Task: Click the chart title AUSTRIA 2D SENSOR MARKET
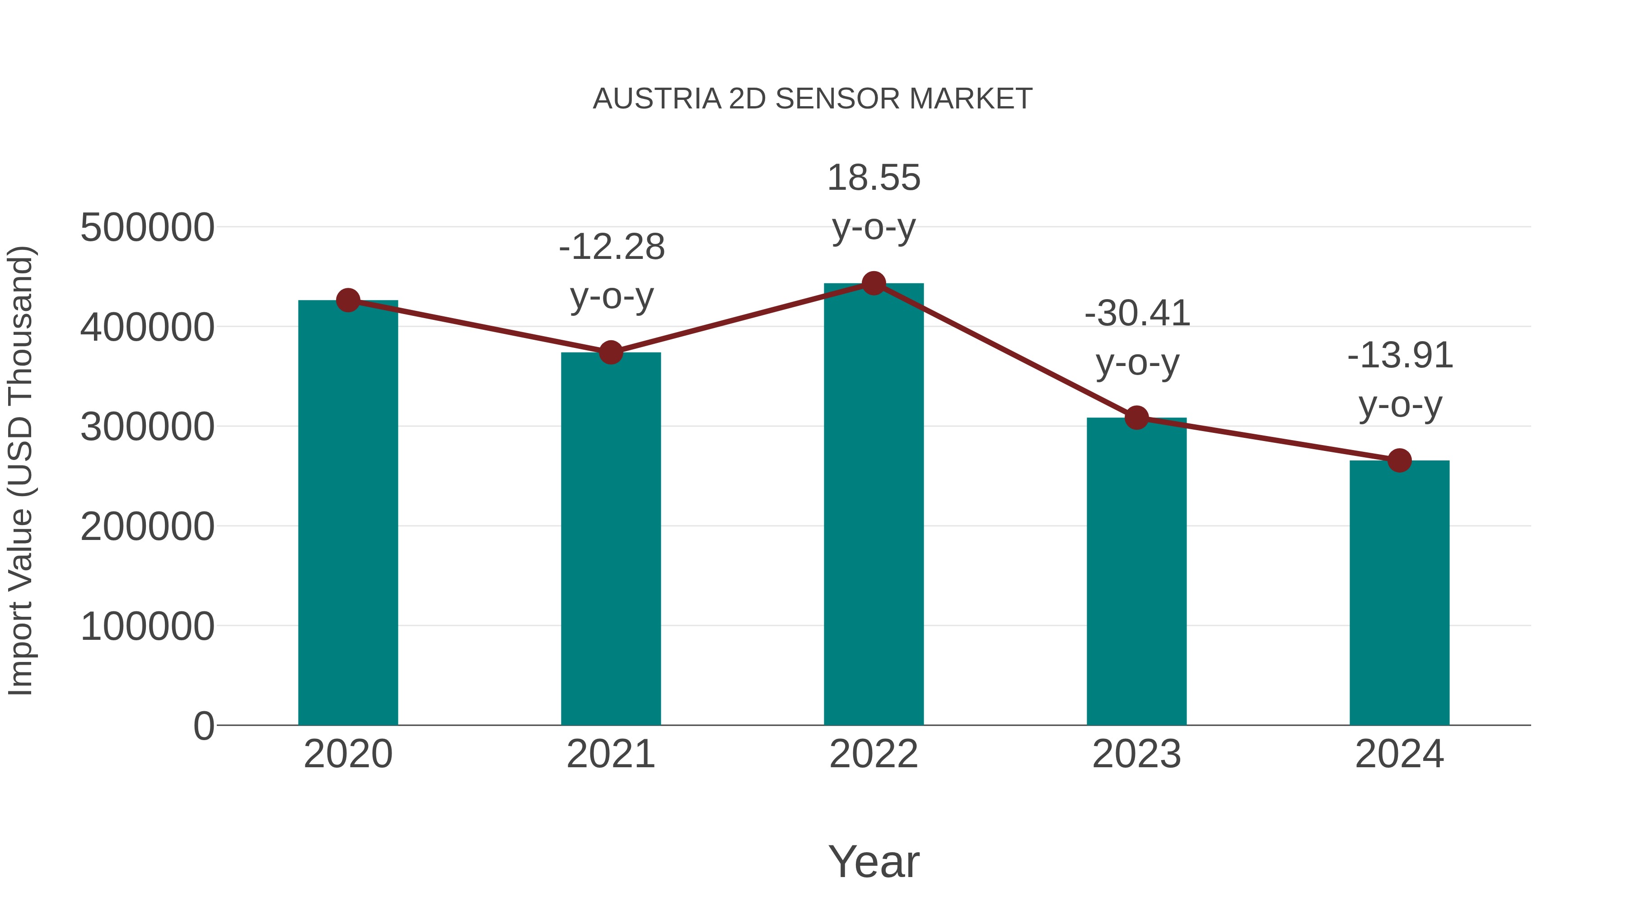click(x=813, y=99)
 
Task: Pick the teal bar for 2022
click(x=874, y=504)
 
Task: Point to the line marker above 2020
click(x=348, y=300)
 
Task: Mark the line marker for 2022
click(x=874, y=283)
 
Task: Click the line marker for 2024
click(x=1399, y=460)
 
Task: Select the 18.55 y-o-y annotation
click(x=874, y=202)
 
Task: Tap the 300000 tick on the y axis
click(x=147, y=427)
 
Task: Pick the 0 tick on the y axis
click(x=203, y=726)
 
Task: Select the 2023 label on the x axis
click(x=1136, y=754)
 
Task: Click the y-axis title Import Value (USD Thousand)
click(x=20, y=470)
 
